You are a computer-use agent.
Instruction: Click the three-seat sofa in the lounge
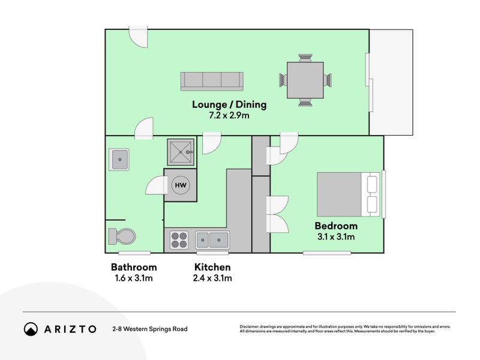pyautogui.click(x=212, y=80)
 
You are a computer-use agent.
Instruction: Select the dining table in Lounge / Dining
pyautogui.click(x=305, y=80)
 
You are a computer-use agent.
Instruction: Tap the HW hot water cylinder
pyautogui.click(x=180, y=185)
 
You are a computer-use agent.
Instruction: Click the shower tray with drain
pyautogui.click(x=181, y=152)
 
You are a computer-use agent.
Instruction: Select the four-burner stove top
pyautogui.click(x=180, y=240)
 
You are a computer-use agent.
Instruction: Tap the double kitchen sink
pyautogui.click(x=212, y=240)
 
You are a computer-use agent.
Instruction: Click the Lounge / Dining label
pyautogui.click(x=229, y=104)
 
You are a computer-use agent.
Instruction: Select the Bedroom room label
pyautogui.click(x=336, y=226)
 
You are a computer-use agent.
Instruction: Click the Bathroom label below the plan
pyautogui.click(x=134, y=267)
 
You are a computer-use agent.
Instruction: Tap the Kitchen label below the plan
pyautogui.click(x=212, y=267)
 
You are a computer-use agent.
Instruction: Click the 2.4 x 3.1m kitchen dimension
pyautogui.click(x=212, y=278)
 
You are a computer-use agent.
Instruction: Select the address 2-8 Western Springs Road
pyautogui.click(x=149, y=329)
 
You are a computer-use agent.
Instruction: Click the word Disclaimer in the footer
pyautogui.click(x=251, y=326)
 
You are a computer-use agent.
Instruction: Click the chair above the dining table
pyautogui.click(x=305, y=58)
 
